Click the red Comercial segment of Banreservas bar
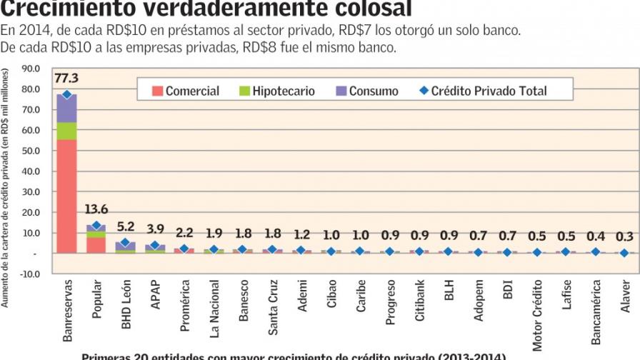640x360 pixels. pyautogui.click(x=66, y=196)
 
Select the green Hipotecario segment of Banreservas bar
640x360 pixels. pyautogui.click(x=66, y=131)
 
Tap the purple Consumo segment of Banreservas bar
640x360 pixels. pyautogui.click(x=66, y=108)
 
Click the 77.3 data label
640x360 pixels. pyautogui.click(x=66, y=78)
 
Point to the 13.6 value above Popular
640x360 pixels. pyautogui.click(x=96, y=209)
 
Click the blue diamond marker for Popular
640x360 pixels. pyautogui.click(x=96, y=226)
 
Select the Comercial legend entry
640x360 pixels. pyautogui.click(x=185, y=91)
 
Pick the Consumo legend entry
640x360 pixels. pyautogui.click(x=366, y=91)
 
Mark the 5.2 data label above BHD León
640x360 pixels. pyautogui.click(x=125, y=226)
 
